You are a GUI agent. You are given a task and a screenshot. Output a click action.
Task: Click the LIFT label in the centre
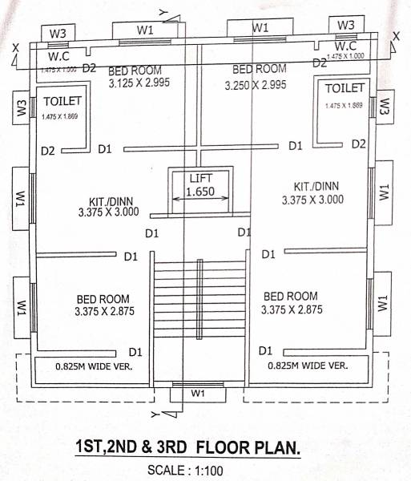[200, 179]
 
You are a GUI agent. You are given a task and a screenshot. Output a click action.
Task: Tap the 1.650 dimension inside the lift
[200, 192]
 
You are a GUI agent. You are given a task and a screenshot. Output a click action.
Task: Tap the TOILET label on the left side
[61, 103]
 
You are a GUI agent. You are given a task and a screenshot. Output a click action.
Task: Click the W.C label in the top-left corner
[59, 57]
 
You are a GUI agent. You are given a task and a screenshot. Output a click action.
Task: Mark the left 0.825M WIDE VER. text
[93, 366]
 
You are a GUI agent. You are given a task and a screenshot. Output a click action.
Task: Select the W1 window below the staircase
[198, 394]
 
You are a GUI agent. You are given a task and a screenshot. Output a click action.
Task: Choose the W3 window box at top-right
[345, 25]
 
